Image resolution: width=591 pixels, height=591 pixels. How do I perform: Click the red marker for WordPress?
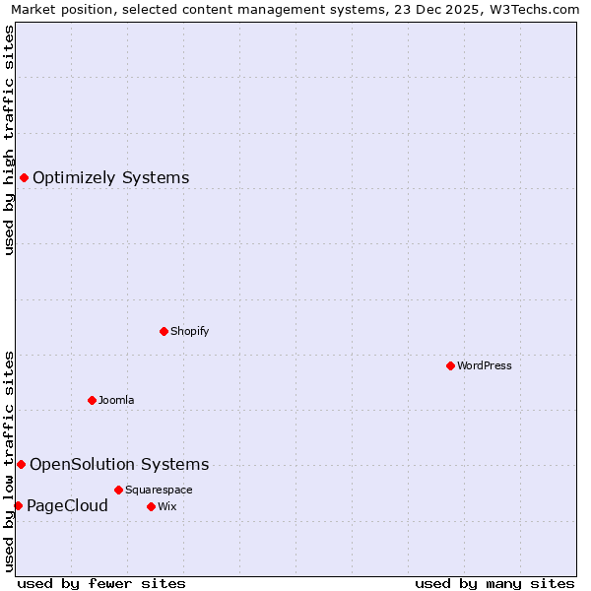pyautogui.click(x=450, y=365)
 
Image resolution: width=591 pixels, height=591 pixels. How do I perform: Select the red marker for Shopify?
pyautogui.click(x=164, y=331)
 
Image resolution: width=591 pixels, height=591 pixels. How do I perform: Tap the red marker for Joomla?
pyautogui.click(x=92, y=400)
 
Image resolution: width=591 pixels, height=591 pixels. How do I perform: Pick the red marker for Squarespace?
pyautogui.click(x=118, y=490)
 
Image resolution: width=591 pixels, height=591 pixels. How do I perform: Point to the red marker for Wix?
pyautogui.click(x=151, y=506)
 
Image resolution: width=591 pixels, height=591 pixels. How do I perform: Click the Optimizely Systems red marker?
pyautogui.click(x=24, y=177)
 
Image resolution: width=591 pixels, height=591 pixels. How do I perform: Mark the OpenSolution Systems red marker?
pyautogui.click(x=21, y=464)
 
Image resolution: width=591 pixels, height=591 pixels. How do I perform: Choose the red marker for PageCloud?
pyautogui.click(x=18, y=505)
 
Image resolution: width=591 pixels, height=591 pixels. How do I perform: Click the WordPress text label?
pyautogui.click(x=484, y=365)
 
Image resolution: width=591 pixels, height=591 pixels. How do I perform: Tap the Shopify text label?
pyautogui.click(x=189, y=331)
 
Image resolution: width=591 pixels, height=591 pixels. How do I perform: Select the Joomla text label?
pyautogui.click(x=116, y=400)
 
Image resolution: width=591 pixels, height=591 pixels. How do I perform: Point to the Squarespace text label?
pyautogui.click(x=159, y=490)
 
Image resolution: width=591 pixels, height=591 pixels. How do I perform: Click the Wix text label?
pyautogui.click(x=166, y=506)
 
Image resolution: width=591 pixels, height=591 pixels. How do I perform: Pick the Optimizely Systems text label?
pyautogui.click(x=111, y=177)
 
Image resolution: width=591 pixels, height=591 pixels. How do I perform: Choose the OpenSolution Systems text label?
pyautogui.click(x=119, y=464)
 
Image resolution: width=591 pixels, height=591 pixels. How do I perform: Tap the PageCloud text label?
pyautogui.click(x=67, y=505)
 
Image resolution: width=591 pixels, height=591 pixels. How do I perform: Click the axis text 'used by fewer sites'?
pyautogui.click(x=101, y=583)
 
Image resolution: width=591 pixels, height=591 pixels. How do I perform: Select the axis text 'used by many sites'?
pyautogui.click(x=494, y=583)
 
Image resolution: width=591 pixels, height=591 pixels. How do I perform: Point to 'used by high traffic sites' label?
pyautogui.click(x=9, y=140)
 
